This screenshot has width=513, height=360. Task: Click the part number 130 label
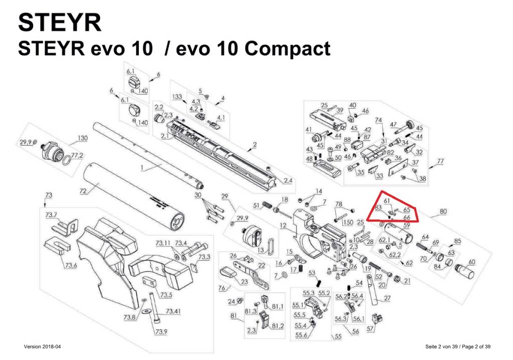pyautogui.click(x=82, y=138)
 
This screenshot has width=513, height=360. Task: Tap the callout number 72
pyautogui.click(x=83, y=192)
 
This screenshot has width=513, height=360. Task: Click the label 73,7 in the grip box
pyautogui.click(x=52, y=215)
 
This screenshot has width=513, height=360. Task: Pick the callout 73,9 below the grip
pyautogui.click(x=161, y=332)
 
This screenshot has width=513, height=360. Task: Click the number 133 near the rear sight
pyautogui.click(x=177, y=96)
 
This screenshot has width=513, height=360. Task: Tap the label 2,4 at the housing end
pyautogui.click(x=288, y=180)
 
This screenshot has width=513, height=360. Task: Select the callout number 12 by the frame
pyautogui.click(x=283, y=227)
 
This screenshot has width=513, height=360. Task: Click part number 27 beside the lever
pyautogui.click(x=387, y=298)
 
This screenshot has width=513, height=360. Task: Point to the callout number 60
pyautogui.click(x=471, y=262)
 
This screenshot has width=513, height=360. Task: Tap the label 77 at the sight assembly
pyautogui.click(x=440, y=161)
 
